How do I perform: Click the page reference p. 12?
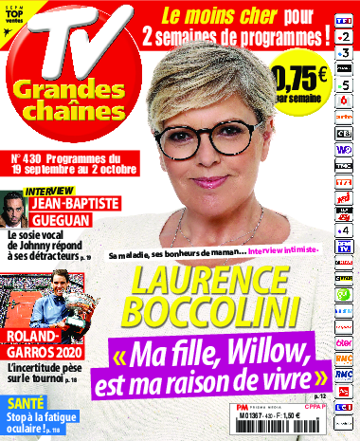click(x=319, y=391)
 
